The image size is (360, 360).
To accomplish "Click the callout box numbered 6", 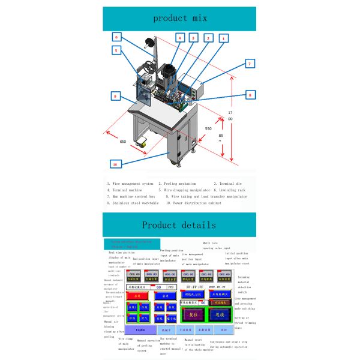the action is pyautogui.click(x=117, y=37).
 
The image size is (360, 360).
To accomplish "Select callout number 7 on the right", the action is pyautogui.click(x=251, y=64).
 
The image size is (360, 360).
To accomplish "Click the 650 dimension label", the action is pyautogui.click(x=122, y=142).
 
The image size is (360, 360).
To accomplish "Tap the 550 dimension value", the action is pyautogui.click(x=208, y=128).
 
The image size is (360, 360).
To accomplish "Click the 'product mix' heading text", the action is pyautogui.click(x=180, y=18).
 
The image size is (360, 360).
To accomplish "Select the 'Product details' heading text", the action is pyautogui.click(x=179, y=225).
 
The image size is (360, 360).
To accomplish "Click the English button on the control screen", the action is pyautogui.click(x=140, y=329).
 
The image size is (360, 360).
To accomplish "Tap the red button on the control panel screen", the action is pyautogui.click(x=137, y=296).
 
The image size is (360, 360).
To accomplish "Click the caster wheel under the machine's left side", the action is pyautogui.click(x=143, y=143).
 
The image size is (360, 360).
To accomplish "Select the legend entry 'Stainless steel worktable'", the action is pyautogui.click(x=136, y=203).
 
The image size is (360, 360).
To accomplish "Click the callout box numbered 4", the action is pyautogui.click(x=179, y=37).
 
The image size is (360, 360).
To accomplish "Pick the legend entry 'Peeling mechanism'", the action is pyautogui.click(x=179, y=183).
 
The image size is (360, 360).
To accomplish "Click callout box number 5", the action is pyautogui.click(x=117, y=51).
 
